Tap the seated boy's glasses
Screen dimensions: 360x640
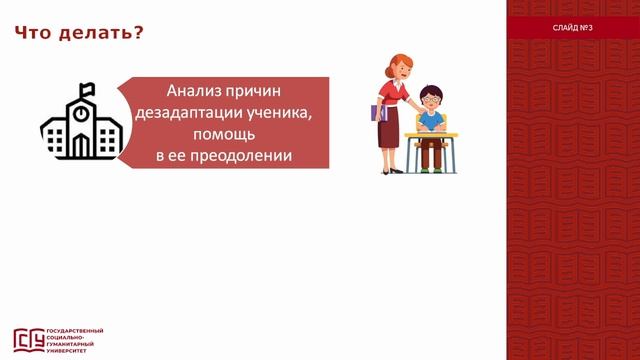click(431, 99)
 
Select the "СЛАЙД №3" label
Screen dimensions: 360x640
click(573, 27)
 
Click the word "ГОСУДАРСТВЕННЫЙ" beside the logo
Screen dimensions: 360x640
click(76, 332)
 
